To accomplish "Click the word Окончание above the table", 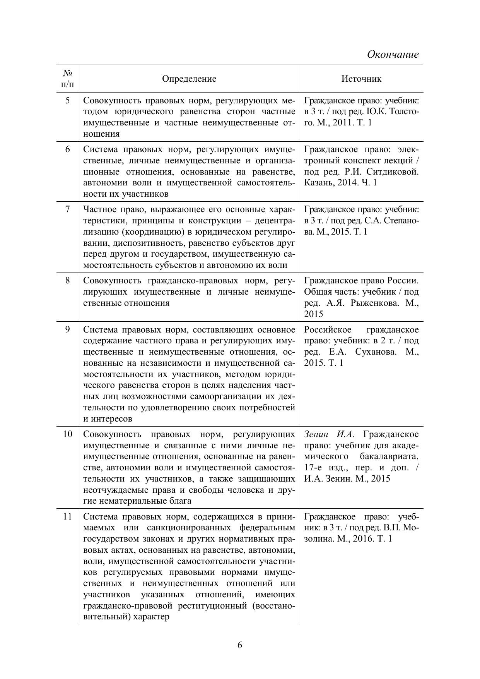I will tap(393, 54).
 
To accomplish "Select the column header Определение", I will tap(189, 79).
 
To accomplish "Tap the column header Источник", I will tap(361, 79).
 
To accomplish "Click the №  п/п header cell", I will tap(68, 79).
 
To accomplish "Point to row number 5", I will tap(68, 101).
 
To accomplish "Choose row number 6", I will tap(68, 149).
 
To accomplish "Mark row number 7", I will tap(68, 209).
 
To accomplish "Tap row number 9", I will tap(68, 330).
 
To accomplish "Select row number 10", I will tap(68, 434).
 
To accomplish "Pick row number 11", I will tap(68, 517).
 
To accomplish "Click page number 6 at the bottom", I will tap(240, 645).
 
